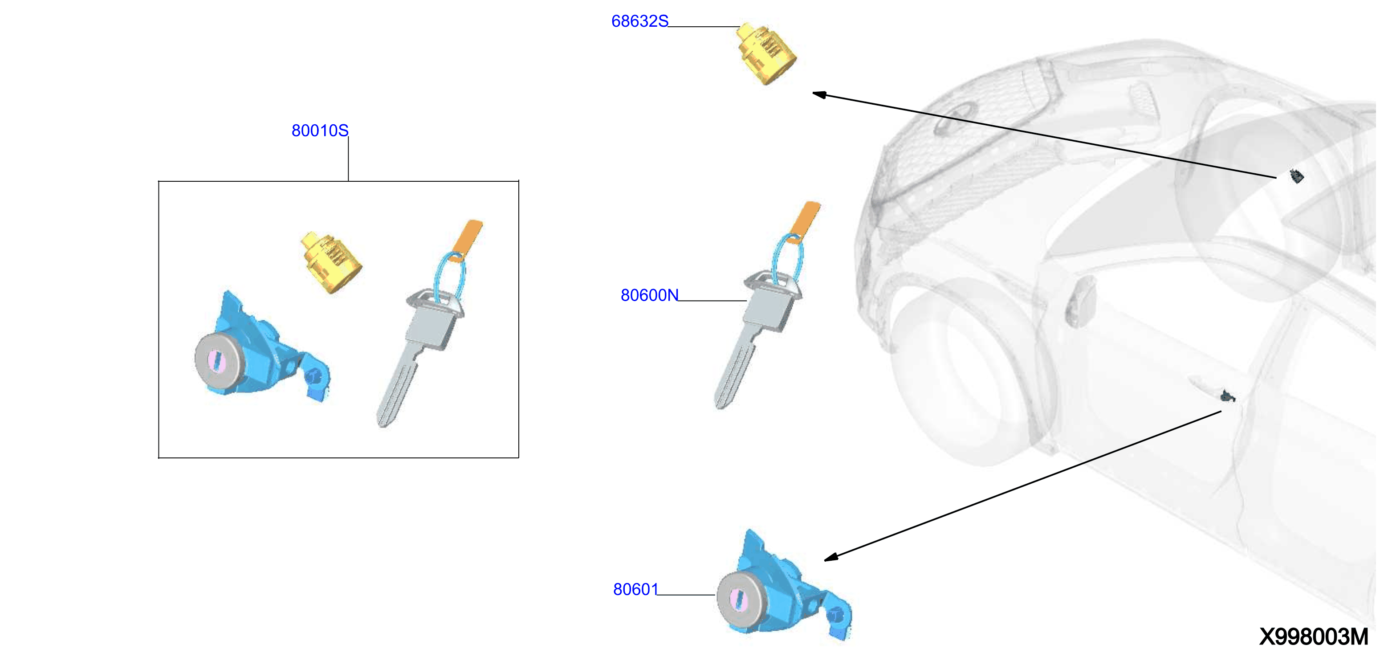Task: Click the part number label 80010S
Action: coord(320,131)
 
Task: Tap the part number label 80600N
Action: coord(649,295)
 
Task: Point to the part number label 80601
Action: coord(635,589)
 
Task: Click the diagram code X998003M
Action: coord(1313,637)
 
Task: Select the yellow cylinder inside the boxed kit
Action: coord(331,262)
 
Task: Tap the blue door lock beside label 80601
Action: coord(784,587)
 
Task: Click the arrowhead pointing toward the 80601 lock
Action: coord(831,557)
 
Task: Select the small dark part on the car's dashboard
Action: coord(1296,175)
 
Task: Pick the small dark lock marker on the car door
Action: coord(1228,396)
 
